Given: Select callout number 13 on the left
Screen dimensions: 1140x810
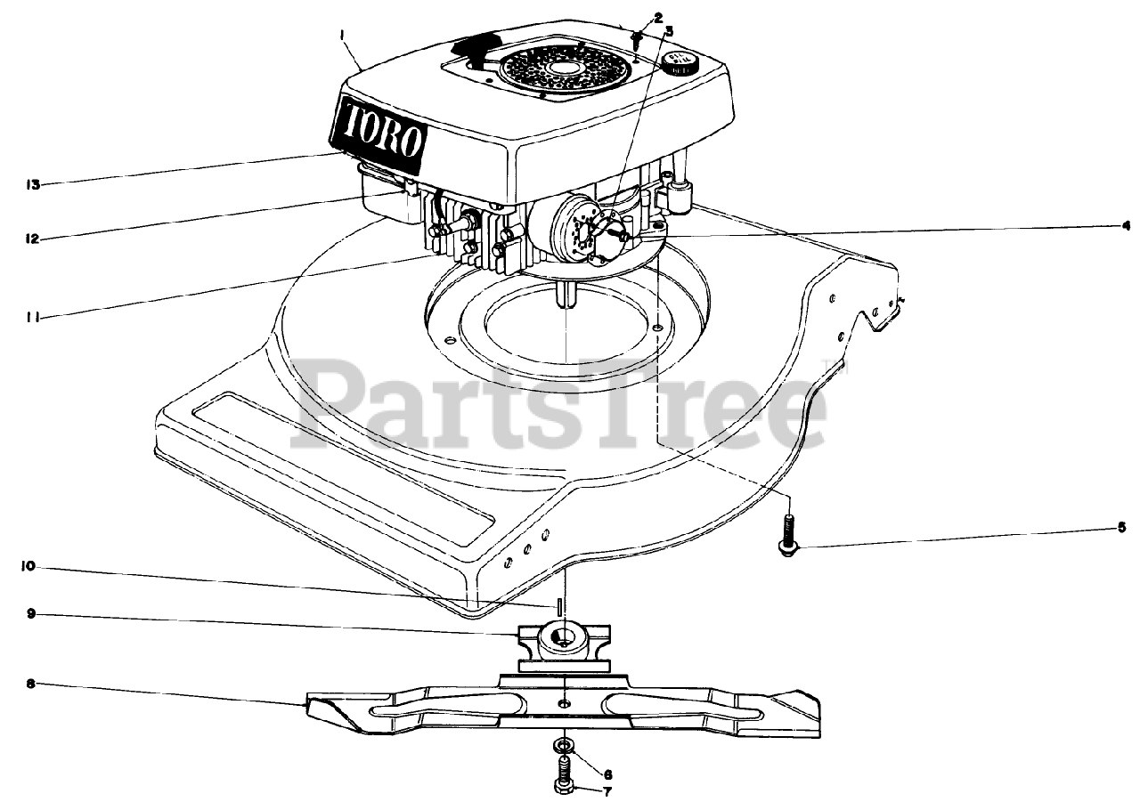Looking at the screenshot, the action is pyautogui.click(x=33, y=185).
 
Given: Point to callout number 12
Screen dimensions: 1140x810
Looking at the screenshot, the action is pyautogui.click(x=33, y=239).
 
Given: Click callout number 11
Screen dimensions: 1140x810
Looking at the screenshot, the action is pyautogui.click(x=33, y=316).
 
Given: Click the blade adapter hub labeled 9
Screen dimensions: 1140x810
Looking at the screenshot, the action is pyautogui.click(x=562, y=641).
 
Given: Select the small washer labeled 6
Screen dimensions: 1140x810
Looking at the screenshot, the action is pyautogui.click(x=562, y=742).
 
